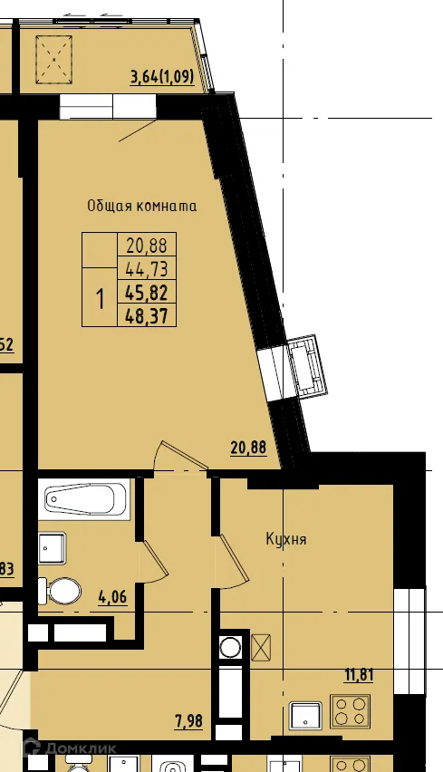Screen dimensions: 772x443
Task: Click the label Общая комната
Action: (141, 206)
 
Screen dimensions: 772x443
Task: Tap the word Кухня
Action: (285, 539)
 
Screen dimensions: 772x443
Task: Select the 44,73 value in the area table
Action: (147, 268)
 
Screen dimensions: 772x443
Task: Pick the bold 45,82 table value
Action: (147, 292)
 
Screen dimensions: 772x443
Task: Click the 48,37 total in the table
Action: (147, 314)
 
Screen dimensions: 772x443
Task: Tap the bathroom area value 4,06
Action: (113, 596)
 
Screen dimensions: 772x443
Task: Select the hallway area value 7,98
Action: (188, 721)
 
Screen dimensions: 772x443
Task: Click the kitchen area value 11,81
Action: (359, 674)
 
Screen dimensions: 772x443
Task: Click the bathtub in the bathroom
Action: (86, 498)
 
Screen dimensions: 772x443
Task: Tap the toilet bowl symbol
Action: (62, 593)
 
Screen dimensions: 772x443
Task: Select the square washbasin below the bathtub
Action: (52, 546)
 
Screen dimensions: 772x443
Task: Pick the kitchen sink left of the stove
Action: (306, 716)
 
